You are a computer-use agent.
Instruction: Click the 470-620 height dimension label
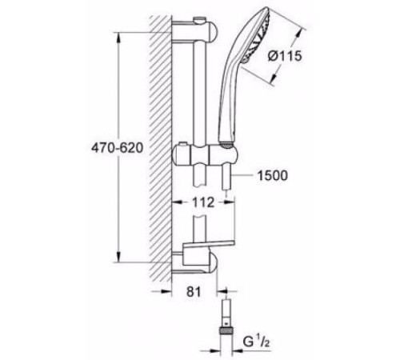tap(117, 148)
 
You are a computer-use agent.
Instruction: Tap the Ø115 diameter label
tap(285, 56)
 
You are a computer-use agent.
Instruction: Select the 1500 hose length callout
tap(273, 175)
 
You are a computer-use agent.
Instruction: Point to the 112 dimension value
tap(203, 202)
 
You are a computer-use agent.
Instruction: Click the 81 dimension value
tap(194, 291)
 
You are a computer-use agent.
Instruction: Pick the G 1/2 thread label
tap(256, 342)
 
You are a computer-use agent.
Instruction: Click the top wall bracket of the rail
tap(194, 31)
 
